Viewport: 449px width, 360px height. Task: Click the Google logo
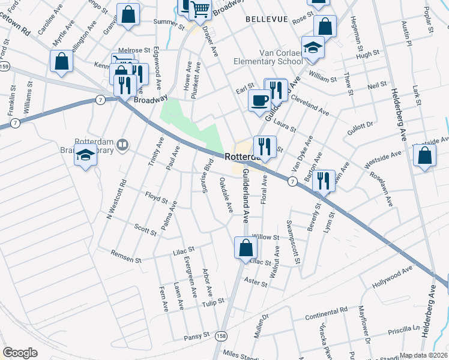[x=20, y=353]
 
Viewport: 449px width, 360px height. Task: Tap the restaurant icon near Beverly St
[x=324, y=179]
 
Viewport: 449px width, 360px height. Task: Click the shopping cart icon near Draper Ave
[x=200, y=9]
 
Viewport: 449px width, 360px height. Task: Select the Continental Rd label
[x=326, y=312]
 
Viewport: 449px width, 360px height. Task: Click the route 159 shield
[x=4, y=65]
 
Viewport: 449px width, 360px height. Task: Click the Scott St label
[x=145, y=229]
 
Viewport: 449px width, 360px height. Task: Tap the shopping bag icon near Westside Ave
[x=424, y=155]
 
